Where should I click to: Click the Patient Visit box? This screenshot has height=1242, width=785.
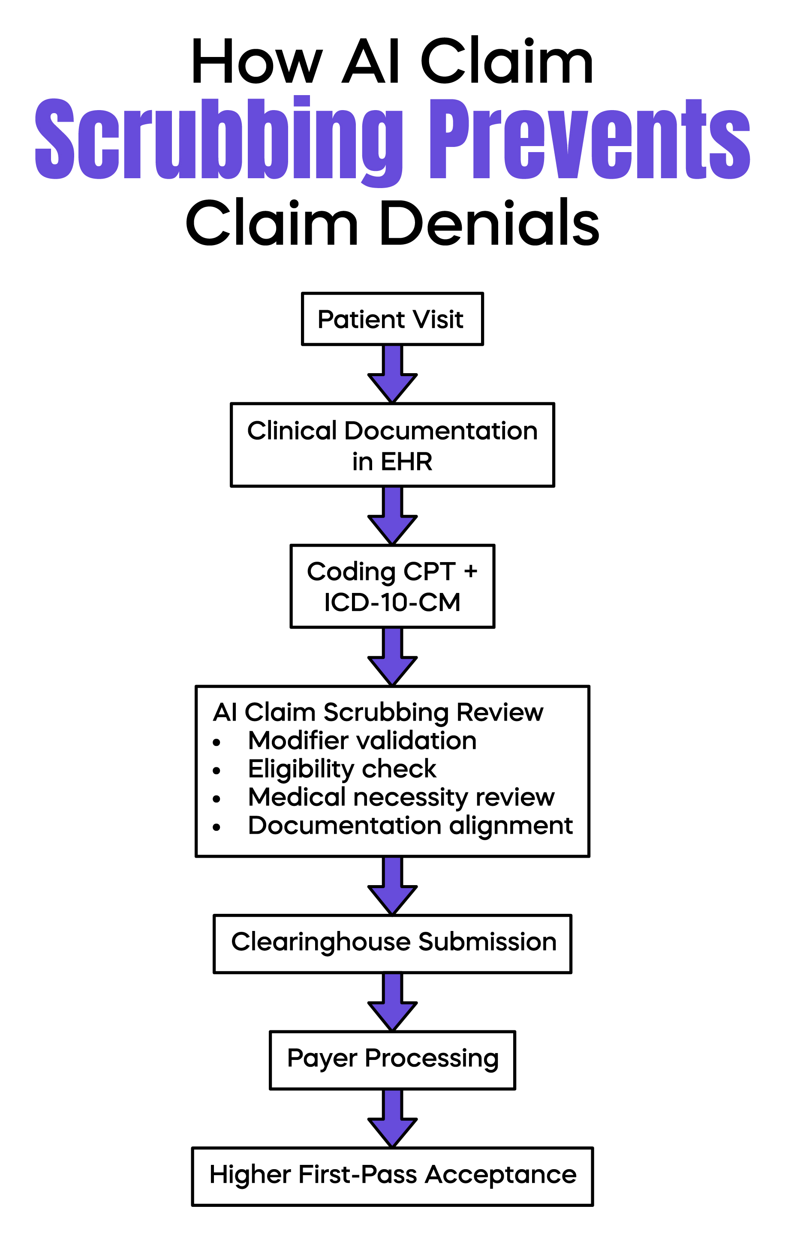392,319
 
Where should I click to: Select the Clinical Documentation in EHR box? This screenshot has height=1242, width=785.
392,445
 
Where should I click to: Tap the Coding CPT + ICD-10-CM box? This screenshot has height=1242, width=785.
392,586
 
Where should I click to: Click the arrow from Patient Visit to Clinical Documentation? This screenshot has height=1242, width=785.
392,374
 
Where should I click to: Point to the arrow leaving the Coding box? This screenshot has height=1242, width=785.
392,657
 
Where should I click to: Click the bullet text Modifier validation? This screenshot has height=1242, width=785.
362,741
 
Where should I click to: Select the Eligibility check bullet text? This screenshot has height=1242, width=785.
342,769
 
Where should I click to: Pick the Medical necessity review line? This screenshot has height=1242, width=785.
400,797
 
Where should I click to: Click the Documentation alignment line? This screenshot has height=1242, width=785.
410,826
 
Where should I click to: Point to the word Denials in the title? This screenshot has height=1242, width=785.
489,223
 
